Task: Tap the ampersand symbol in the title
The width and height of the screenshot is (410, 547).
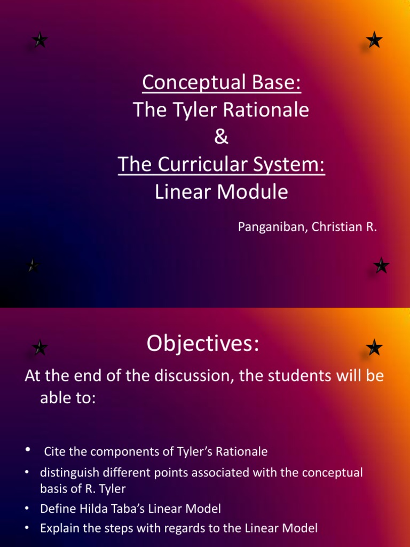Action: [221, 137]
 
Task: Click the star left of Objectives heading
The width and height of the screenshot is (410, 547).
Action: [40, 348]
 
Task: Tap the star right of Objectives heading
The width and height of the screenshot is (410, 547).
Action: [374, 348]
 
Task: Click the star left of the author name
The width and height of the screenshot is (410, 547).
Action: [33, 265]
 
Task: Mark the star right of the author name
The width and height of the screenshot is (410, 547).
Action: [381, 265]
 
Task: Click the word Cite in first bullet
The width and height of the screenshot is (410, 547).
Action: [55, 452]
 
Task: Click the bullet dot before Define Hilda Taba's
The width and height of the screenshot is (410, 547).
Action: [27, 509]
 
